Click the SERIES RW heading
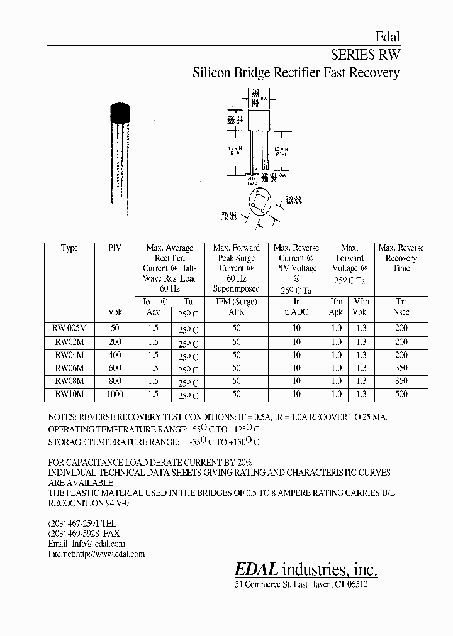(365, 54)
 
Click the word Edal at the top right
(387, 37)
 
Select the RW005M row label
(69, 328)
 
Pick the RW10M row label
(69, 394)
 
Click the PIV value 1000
(115, 394)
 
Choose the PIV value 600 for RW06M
(115, 368)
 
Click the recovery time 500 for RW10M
(401, 394)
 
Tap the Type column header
(69, 248)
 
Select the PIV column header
(115, 248)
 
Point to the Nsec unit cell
(401, 312)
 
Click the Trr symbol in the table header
(401, 302)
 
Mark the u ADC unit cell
(296, 312)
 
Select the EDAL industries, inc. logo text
(306, 569)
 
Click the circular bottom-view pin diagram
(259, 203)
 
